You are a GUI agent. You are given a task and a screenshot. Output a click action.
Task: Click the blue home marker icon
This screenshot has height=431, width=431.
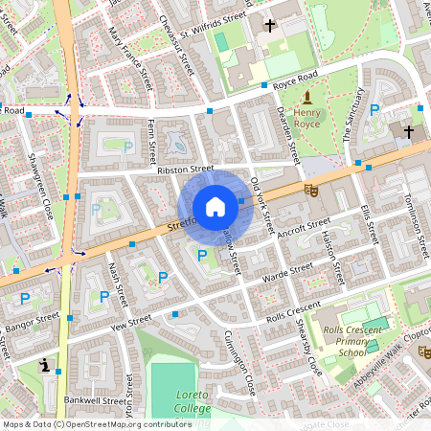tap(215, 207)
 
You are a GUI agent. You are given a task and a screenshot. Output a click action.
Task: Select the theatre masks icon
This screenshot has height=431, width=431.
tap(310, 190)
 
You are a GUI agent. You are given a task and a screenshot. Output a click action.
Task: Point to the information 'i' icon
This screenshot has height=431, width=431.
tap(46, 366)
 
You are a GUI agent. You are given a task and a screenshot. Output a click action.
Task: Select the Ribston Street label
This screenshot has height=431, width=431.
tap(185, 169)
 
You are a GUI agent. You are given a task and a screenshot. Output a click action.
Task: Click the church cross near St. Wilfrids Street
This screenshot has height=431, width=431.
tap(270, 26)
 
